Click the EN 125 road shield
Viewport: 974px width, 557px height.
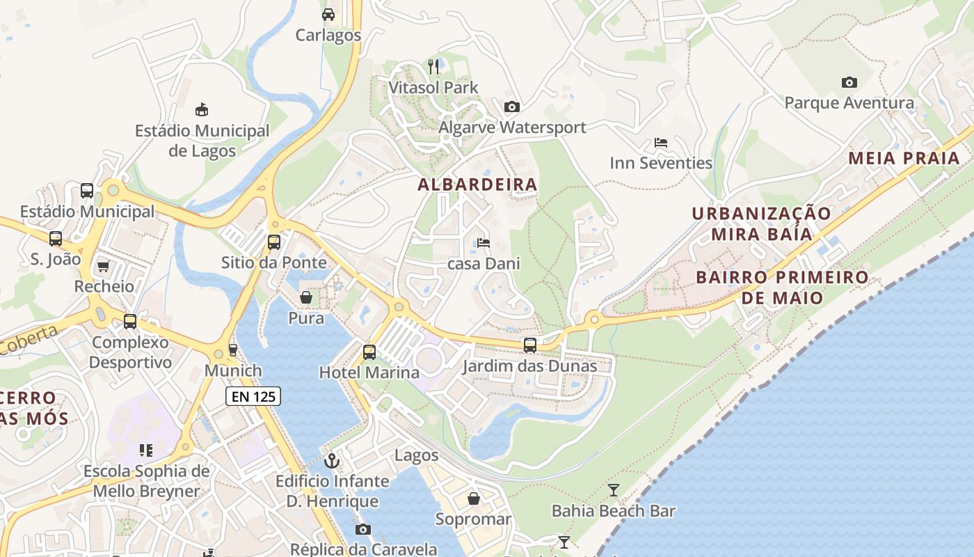253,397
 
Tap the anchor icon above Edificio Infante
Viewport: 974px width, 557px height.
332,460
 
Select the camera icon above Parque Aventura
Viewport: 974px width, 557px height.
849,82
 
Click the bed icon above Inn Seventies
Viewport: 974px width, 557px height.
661,143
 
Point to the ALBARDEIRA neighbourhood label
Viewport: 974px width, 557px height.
477,185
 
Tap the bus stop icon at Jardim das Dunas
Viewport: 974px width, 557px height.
530,345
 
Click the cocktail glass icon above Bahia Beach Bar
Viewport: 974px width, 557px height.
613,490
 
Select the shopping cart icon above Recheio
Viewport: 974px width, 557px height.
104,266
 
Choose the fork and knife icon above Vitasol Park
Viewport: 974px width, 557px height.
433,67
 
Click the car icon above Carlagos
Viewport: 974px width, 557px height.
328,14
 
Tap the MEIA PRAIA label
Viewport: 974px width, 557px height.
904,158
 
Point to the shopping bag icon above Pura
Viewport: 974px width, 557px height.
305,298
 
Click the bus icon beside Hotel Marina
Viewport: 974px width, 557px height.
369,352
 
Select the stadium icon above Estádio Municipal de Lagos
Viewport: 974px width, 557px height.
202,109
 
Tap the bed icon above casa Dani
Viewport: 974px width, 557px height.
484,243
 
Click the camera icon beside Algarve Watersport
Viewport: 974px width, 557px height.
511,107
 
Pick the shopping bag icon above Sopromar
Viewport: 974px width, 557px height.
473,499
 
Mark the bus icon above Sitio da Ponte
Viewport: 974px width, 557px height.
274,242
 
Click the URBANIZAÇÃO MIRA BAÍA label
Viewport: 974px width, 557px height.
761,223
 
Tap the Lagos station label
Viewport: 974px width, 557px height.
416,455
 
